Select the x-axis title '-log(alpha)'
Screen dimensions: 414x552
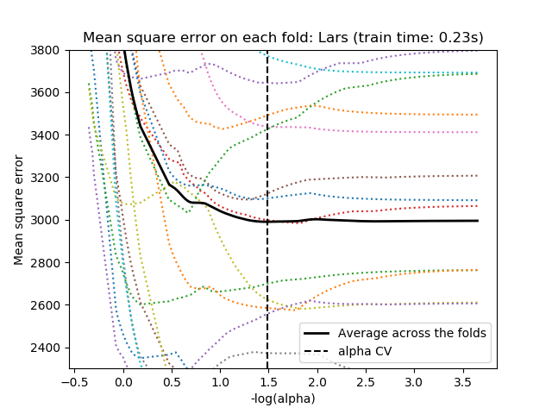[283, 398]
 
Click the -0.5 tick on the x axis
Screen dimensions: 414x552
[76, 382]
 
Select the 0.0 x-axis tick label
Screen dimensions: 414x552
[124, 382]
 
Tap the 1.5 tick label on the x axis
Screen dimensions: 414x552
[268, 382]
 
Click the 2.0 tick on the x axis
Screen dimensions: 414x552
[317, 382]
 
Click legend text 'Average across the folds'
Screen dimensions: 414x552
[412, 333]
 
